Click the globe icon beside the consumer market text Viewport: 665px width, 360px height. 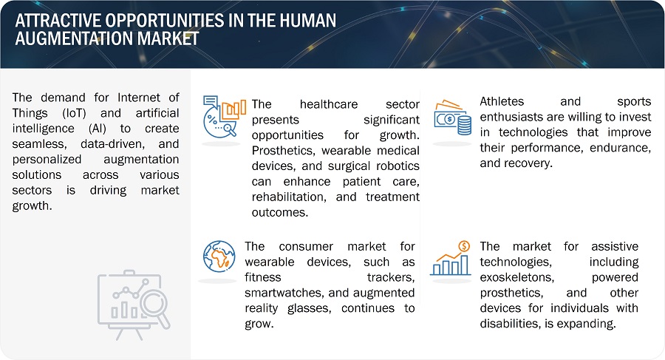(x=219, y=257)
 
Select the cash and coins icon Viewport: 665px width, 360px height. (x=452, y=118)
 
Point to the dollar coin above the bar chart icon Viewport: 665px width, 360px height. (x=465, y=246)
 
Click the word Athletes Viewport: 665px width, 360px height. (x=502, y=101)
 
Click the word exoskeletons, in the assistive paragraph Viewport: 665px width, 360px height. (x=517, y=277)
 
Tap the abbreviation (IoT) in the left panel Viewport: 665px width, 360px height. (x=74, y=113)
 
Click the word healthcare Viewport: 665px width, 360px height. (x=329, y=104)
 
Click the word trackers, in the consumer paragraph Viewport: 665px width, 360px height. (x=391, y=277)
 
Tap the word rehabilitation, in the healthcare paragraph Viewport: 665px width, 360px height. (x=289, y=197)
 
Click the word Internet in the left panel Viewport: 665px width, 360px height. (x=139, y=98)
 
